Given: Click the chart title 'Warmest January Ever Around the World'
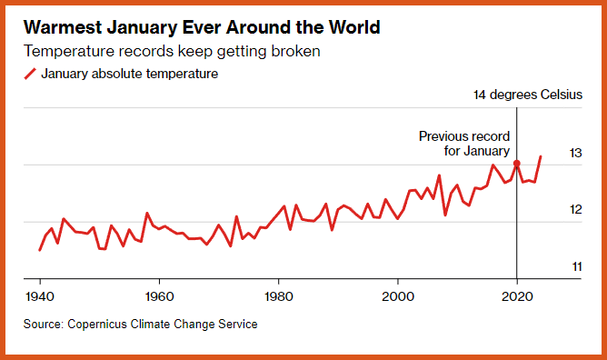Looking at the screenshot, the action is click(202, 27).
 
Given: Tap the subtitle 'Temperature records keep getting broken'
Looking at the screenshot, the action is click(172, 51).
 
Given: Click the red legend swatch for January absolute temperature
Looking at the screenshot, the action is click(30, 74).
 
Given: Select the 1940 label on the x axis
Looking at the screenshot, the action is click(40, 296).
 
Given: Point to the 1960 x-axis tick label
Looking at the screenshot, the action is click(159, 296).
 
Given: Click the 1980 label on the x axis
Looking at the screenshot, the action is click(278, 296).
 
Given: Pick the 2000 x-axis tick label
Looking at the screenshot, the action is click(398, 296).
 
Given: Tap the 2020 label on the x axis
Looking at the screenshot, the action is click(517, 296).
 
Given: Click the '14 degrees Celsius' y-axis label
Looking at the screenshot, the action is click(528, 95).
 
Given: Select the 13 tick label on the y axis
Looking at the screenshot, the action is click(575, 153).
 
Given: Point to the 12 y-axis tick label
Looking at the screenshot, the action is click(575, 209).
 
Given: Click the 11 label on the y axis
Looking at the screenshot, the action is click(577, 266).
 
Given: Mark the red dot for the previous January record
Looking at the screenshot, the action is click(517, 164).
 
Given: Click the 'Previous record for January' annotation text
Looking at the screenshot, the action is click(464, 144).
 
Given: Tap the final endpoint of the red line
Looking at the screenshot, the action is click(541, 156).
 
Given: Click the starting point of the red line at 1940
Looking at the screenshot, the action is click(39, 250).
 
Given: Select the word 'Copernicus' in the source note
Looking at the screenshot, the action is click(97, 324).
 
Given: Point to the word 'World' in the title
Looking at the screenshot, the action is click(354, 27).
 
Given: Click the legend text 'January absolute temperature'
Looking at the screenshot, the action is click(130, 74).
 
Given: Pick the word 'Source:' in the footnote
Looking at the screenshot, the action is click(44, 324).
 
